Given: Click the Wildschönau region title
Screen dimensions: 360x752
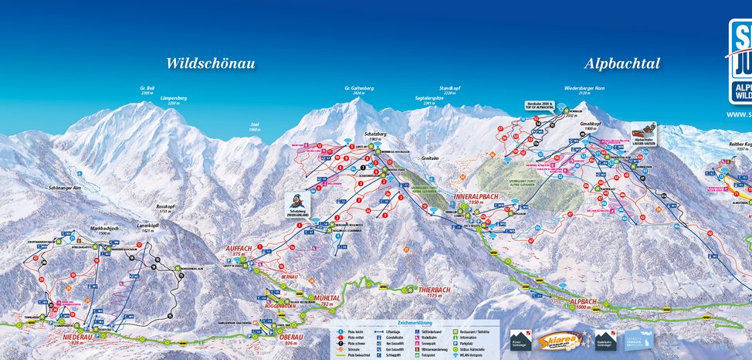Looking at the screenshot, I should [210, 63].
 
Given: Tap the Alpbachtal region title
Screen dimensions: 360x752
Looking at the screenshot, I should [622, 63].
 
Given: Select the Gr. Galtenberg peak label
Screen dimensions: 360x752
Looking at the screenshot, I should [358, 90].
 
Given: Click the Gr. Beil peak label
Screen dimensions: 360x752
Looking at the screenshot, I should [147, 90].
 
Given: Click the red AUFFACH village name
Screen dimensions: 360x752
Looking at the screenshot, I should [239, 250].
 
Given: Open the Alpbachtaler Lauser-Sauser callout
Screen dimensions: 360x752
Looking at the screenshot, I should [646, 131].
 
